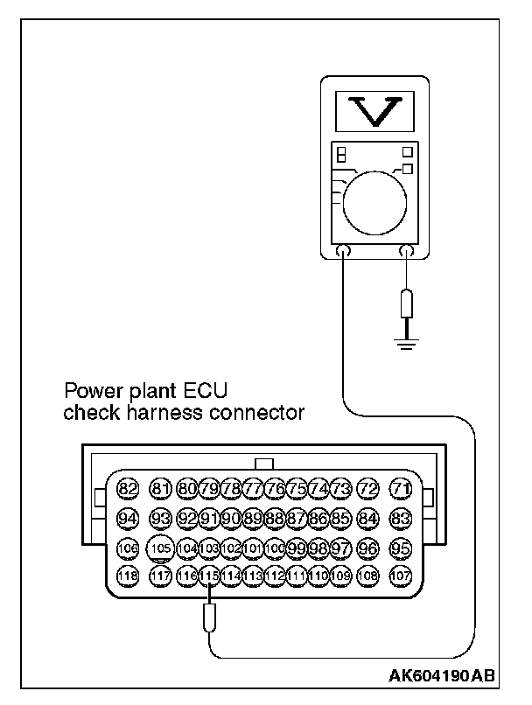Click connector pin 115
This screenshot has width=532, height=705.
[x=209, y=576]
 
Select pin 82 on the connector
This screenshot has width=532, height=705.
[x=129, y=488]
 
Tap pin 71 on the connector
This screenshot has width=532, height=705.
[x=401, y=488]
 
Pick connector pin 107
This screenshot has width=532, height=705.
[x=401, y=576]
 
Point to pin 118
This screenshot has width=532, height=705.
[x=129, y=576]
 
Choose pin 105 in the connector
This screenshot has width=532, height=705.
[x=160, y=548]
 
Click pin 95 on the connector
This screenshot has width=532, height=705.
[x=401, y=548]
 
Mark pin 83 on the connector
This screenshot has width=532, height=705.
[x=401, y=519]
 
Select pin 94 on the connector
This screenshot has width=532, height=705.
[x=129, y=519]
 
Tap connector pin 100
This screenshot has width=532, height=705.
[x=275, y=548]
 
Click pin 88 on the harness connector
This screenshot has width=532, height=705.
[x=275, y=519]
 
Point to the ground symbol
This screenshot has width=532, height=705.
[x=406, y=339]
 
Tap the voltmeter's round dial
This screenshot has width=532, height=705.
[x=375, y=198]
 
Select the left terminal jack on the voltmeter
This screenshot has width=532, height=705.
[x=343, y=254]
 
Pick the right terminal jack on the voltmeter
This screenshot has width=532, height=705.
[x=406, y=254]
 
